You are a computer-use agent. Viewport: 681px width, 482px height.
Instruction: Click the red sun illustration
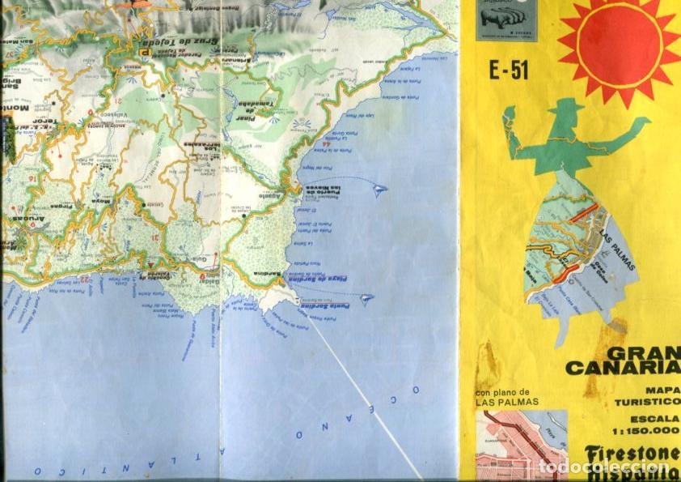point(619,41)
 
